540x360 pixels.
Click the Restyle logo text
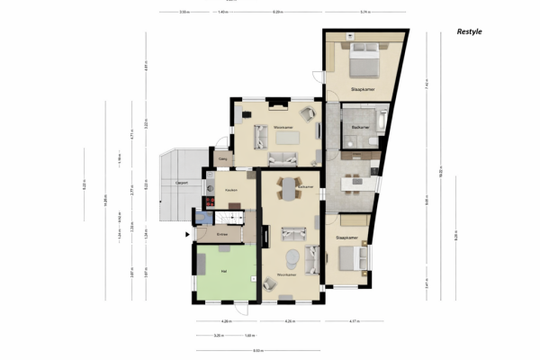pyautogui.click(x=469, y=31)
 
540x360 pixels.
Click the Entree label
pyautogui.click(x=222, y=234)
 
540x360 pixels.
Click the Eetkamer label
pyautogui.click(x=305, y=187)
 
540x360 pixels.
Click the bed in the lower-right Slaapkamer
pyautogui.click(x=351, y=257)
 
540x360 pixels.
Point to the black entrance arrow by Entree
pyautogui.click(x=188, y=236)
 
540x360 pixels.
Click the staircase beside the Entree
pyautogui.click(x=232, y=217)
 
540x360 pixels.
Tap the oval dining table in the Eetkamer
pyautogui.click(x=288, y=189)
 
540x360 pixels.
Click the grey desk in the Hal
pyautogui.click(x=202, y=263)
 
